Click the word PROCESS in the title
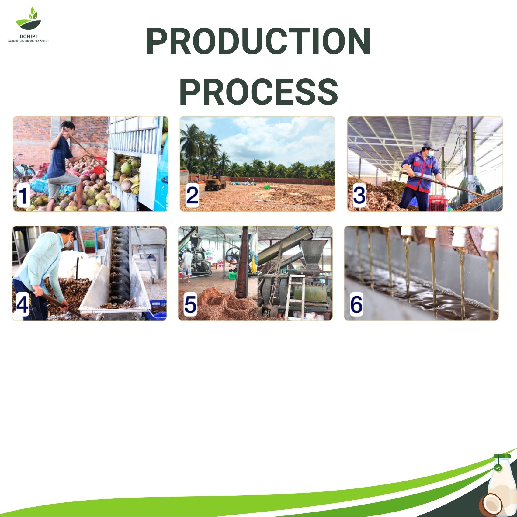[x=258, y=92]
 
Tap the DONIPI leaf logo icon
[x=28, y=19]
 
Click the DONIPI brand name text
[x=28, y=36]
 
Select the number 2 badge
[x=192, y=196]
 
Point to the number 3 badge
[x=359, y=196]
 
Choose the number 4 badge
[x=22, y=304]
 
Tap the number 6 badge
[x=356, y=304]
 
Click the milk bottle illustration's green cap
[x=502, y=456]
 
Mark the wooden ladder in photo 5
[x=294, y=297]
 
